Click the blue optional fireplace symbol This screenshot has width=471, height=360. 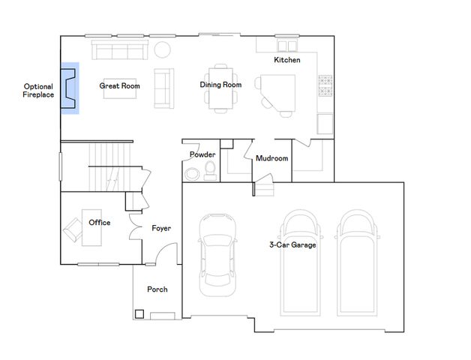[x=70, y=88]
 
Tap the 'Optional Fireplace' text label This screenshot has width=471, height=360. [x=37, y=91]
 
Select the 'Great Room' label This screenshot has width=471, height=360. [x=120, y=86]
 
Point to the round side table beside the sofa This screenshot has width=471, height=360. [x=163, y=50]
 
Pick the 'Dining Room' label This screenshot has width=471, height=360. [x=220, y=85]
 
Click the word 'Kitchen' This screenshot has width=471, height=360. [x=287, y=59]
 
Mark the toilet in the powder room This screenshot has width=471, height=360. [x=208, y=169]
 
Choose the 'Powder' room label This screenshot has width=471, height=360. [x=202, y=154]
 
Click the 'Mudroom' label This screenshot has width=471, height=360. [x=271, y=158]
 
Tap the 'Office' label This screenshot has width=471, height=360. [x=100, y=223]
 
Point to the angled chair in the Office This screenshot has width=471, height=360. [x=74, y=229]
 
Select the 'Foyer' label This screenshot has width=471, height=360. [x=161, y=228]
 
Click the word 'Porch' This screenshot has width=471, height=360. [x=157, y=289]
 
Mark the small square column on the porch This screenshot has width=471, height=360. [x=139, y=313]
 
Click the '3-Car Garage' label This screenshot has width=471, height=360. [x=292, y=245]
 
